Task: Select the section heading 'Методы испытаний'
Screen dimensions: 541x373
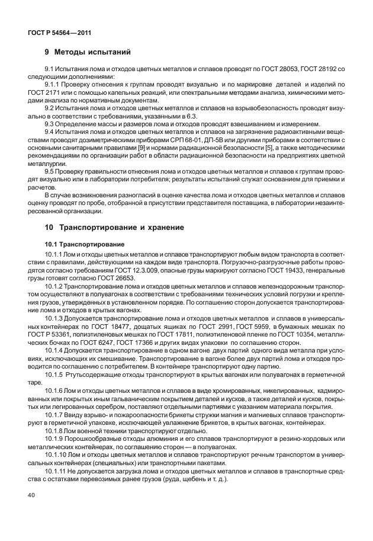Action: click(x=92, y=53)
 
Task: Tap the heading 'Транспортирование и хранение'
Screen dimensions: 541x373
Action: click(x=119, y=227)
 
